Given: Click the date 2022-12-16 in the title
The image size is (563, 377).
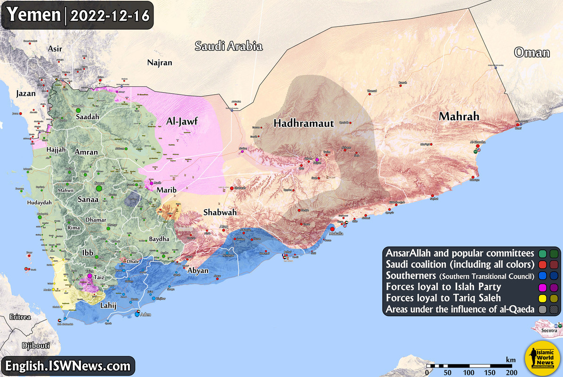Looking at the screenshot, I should [110, 15].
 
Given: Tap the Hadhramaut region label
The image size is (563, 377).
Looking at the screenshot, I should [304, 123].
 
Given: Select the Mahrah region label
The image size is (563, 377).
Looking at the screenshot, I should [459, 116].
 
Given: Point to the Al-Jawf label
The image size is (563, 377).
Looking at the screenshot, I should [181, 122].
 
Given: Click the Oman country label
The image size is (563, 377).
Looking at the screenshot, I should [531, 52].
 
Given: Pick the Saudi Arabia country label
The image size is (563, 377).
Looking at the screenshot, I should [228, 46].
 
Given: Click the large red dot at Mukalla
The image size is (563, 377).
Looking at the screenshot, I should [332, 229].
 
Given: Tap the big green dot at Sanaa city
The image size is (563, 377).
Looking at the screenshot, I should [99, 188].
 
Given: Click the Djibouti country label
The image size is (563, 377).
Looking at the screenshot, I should [36, 345].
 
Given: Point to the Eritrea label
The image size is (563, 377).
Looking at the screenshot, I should [20, 317].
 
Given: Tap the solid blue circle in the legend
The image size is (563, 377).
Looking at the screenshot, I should [543, 275].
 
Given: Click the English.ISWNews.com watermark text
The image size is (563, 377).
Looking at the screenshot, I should [67, 365].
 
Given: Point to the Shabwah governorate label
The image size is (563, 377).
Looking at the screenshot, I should [220, 213].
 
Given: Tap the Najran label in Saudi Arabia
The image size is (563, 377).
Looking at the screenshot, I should [160, 62].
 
